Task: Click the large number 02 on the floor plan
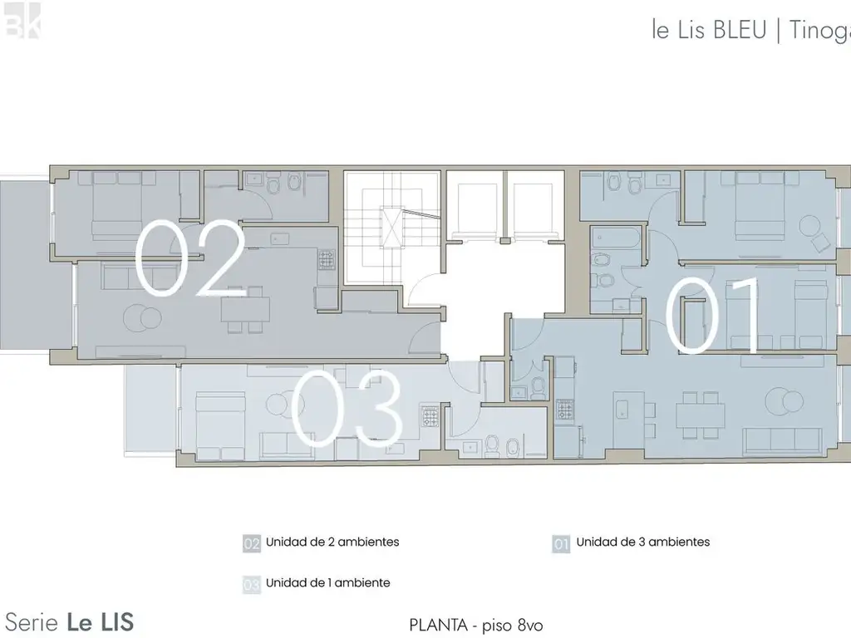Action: tap(190, 259)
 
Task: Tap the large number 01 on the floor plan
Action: tap(715, 316)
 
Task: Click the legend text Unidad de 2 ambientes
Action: tap(332, 542)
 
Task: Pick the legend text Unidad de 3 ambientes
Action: tap(643, 542)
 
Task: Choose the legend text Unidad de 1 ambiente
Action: tap(327, 583)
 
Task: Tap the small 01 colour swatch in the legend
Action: tap(561, 544)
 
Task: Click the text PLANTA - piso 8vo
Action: tap(477, 624)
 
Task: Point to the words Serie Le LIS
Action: tap(70, 621)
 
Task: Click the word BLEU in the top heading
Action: tap(740, 31)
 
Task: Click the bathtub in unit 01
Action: tap(614, 242)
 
